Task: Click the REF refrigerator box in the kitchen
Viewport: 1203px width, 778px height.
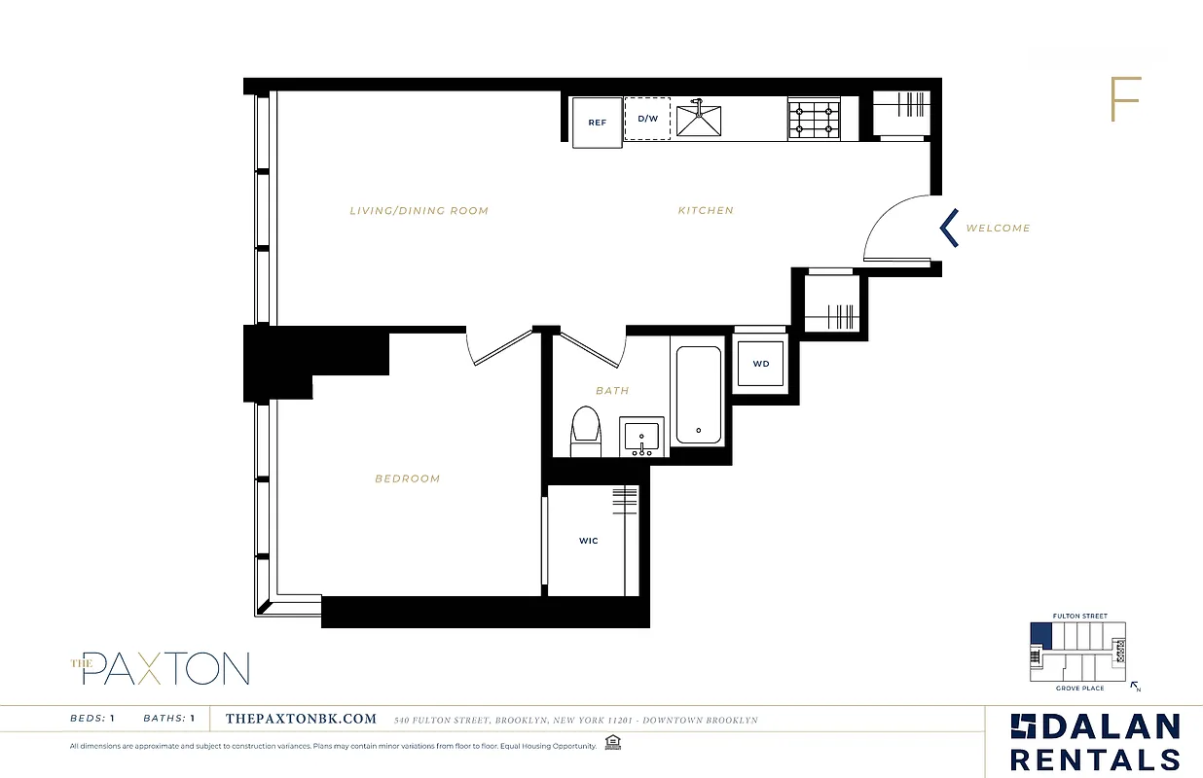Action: point(597,123)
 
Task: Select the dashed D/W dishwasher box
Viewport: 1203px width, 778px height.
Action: point(647,119)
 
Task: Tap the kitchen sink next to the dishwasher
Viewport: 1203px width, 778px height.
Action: point(699,119)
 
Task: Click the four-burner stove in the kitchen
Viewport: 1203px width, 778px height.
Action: point(814,119)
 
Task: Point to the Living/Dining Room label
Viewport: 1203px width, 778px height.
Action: point(419,211)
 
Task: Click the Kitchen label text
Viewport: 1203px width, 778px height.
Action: point(706,211)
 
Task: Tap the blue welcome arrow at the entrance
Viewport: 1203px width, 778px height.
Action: point(948,228)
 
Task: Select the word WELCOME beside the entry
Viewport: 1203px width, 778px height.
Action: point(998,229)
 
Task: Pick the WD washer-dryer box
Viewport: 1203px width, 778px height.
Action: point(761,365)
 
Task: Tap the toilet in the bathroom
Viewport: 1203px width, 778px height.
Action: point(585,432)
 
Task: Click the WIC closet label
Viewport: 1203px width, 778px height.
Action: point(588,541)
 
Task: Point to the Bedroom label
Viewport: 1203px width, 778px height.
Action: point(407,478)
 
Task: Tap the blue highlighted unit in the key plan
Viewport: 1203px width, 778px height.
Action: point(1040,636)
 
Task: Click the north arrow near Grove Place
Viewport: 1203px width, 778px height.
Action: point(1135,687)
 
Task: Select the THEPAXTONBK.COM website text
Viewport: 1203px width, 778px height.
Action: point(300,720)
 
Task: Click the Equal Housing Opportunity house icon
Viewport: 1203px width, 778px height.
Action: point(611,744)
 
